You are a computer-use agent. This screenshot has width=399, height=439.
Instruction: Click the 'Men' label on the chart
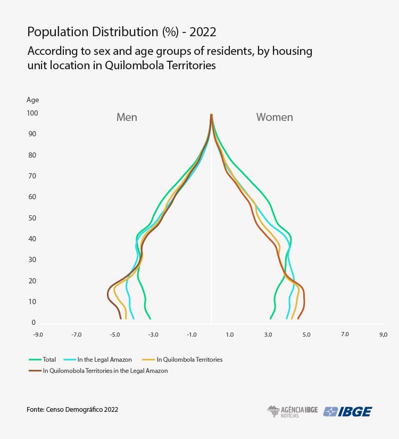(127, 117)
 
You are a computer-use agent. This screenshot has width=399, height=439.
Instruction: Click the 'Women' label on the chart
(275, 117)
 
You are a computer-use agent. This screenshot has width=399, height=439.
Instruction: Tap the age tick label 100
(32, 113)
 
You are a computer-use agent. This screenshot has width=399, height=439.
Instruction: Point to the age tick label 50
(32, 218)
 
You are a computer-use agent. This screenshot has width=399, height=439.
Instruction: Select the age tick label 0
(33, 322)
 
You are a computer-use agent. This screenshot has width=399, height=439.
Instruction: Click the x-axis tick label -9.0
(38, 335)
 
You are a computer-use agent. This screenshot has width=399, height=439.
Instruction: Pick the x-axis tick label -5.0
(114, 335)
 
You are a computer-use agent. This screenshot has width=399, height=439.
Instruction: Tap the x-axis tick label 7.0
(345, 335)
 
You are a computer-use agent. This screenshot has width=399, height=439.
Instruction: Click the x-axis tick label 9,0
(383, 335)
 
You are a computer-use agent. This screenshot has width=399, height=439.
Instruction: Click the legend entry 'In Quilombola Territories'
(189, 360)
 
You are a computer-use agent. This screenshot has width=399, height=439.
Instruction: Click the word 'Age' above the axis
(32, 100)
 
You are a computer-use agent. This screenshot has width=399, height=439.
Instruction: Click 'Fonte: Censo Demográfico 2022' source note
(72, 410)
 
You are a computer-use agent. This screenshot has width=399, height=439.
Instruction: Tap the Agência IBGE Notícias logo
(292, 411)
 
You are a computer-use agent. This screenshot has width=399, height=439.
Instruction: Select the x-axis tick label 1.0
(230, 335)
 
